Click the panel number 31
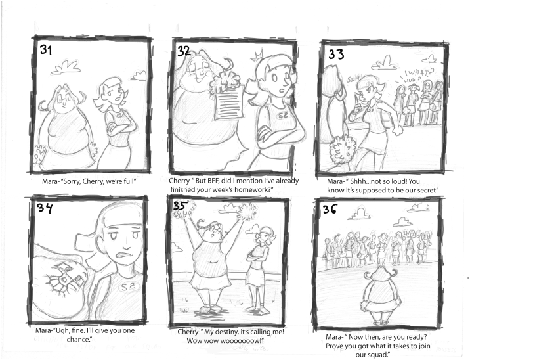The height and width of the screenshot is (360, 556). pyautogui.click(x=46, y=50)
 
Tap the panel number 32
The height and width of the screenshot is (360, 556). pyautogui.click(x=184, y=51)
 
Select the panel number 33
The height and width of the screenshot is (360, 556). pyautogui.click(x=336, y=54)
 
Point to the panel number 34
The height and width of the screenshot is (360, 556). pyautogui.click(x=45, y=208)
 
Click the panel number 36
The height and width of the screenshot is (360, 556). pyautogui.click(x=330, y=209)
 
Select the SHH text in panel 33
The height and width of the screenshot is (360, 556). pyautogui.click(x=354, y=79)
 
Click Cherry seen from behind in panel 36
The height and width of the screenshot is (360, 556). pyautogui.click(x=382, y=296)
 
